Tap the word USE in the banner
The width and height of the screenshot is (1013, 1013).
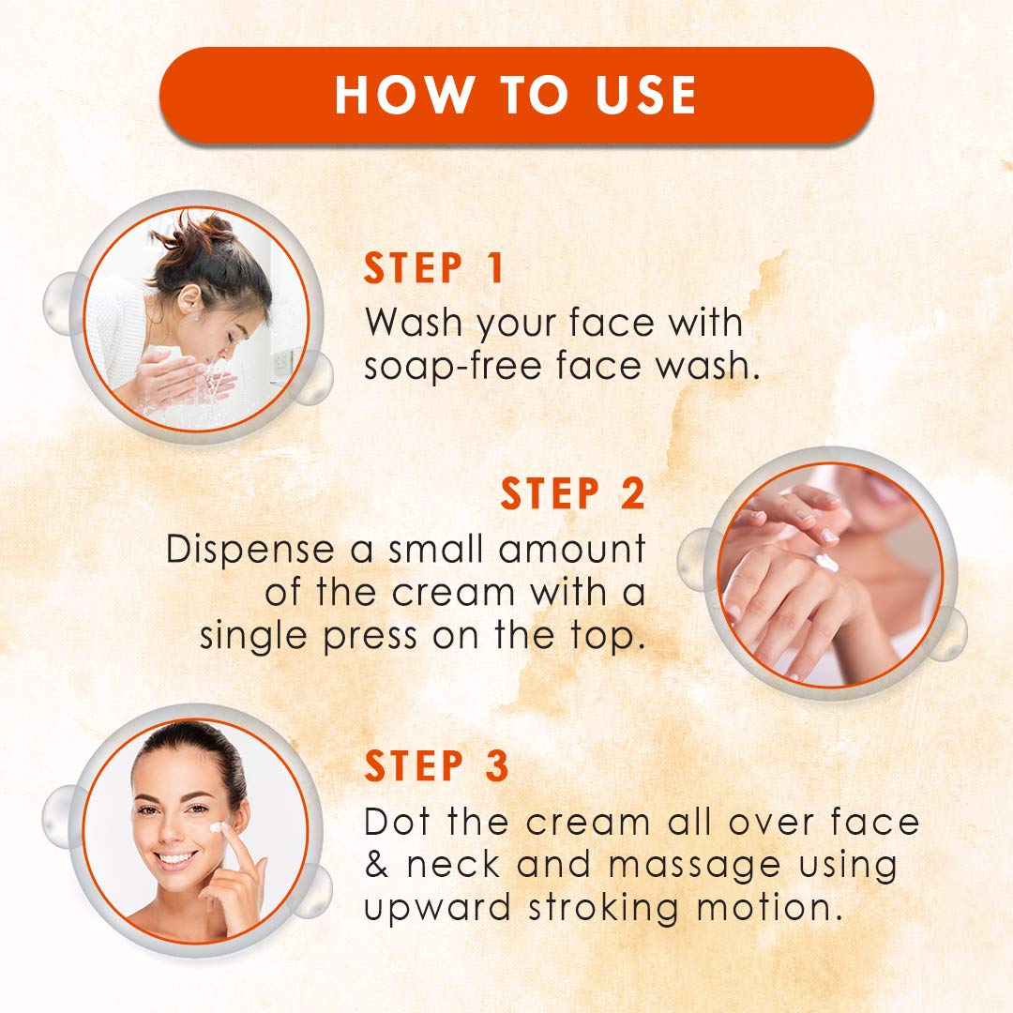646,95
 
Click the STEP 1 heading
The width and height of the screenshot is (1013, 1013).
433,268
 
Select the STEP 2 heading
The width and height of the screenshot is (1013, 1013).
573,493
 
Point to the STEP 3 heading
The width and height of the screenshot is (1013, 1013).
437,766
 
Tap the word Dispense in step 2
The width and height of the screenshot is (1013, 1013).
250,550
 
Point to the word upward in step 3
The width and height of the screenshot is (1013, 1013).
437,908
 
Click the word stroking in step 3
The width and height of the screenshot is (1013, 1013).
603,908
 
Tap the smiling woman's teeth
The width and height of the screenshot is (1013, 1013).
174,858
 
